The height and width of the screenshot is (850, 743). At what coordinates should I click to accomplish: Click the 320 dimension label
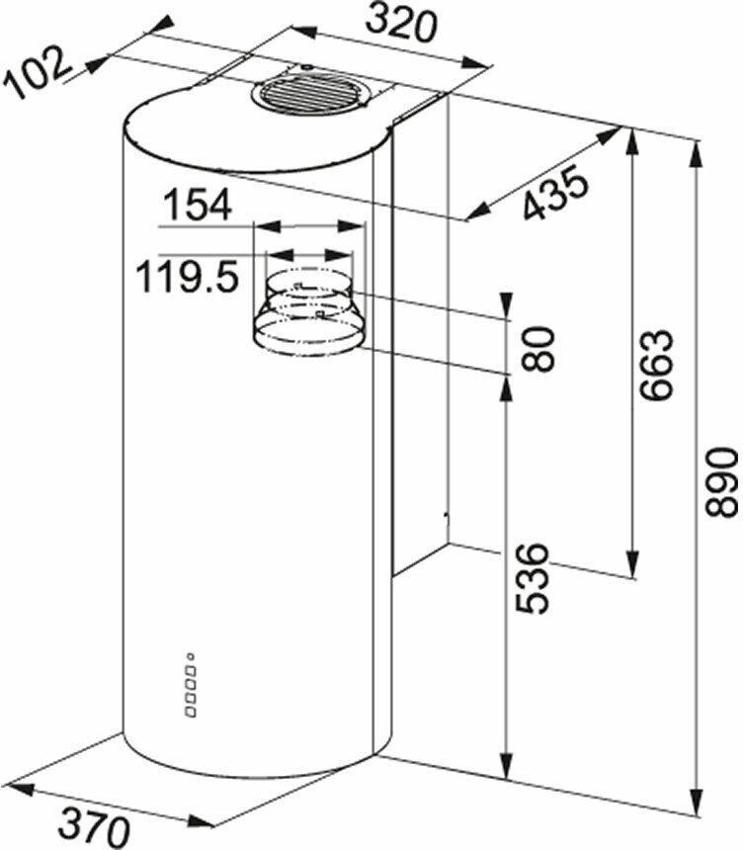pos(400,25)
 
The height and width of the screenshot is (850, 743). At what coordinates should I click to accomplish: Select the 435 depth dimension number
pos(555,193)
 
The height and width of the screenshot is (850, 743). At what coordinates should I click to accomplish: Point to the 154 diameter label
pos(198,205)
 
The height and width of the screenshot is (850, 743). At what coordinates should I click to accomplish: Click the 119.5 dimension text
pos(187,276)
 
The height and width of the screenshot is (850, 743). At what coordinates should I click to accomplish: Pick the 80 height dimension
pos(537,349)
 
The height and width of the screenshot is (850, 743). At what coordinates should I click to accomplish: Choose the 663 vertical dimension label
pos(655,365)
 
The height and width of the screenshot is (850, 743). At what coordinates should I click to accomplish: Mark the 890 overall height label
pos(721,481)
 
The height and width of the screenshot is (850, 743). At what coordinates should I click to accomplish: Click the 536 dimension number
pos(532,578)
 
